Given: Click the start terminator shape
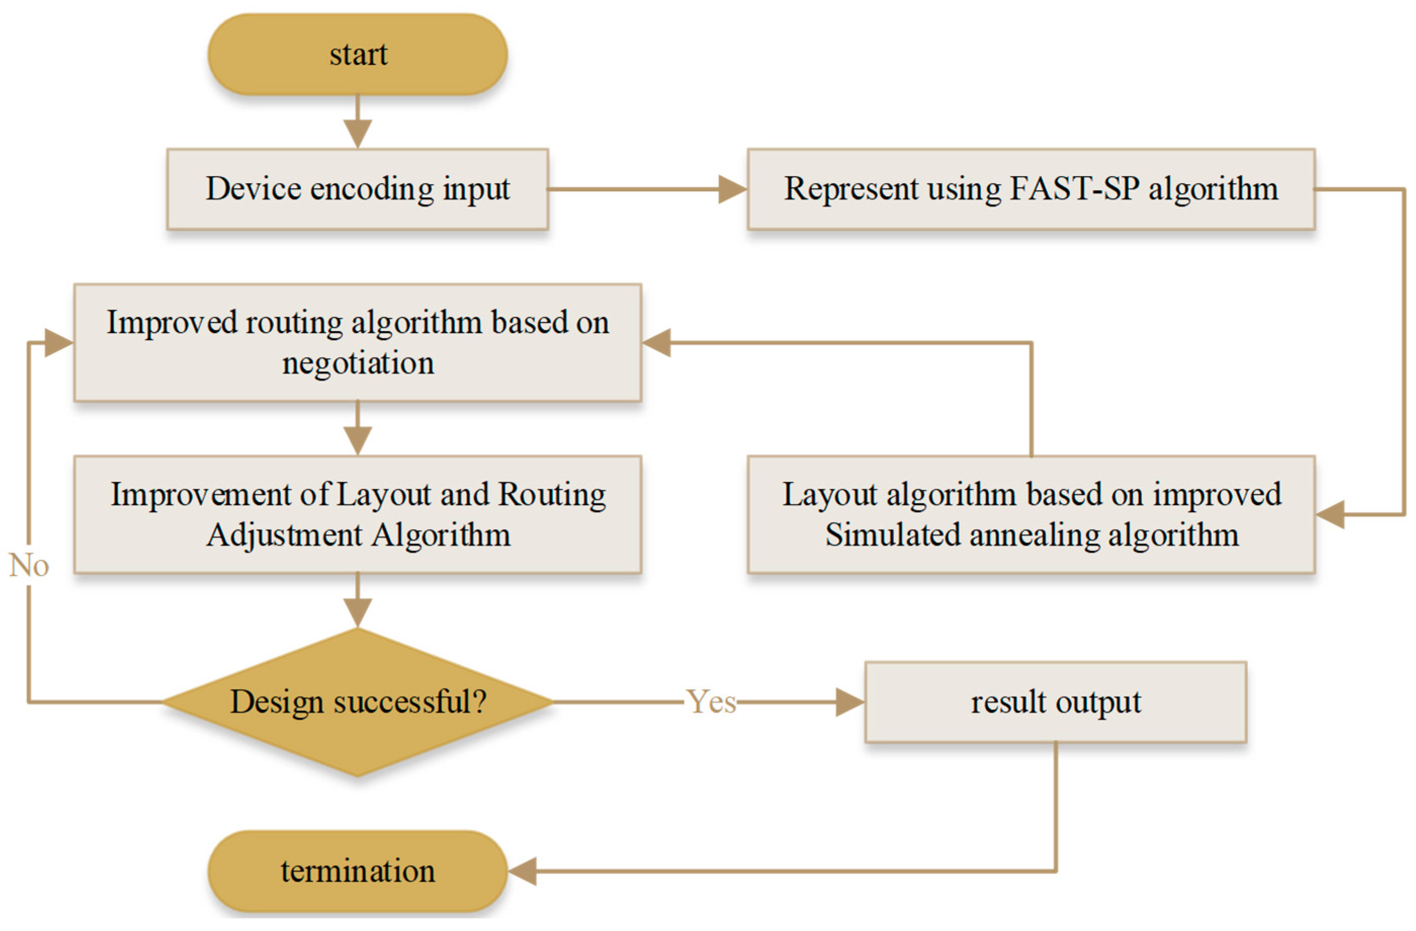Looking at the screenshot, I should tap(358, 55).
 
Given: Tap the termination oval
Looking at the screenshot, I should tap(358, 871).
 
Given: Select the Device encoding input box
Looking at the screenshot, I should tap(358, 189).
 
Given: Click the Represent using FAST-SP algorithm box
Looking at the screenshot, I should tap(1031, 189).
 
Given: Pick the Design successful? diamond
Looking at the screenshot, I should tap(358, 702).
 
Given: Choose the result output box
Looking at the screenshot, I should tap(1055, 702).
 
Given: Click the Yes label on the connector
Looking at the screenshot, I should tap(711, 702).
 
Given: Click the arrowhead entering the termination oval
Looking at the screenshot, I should tap(522, 871).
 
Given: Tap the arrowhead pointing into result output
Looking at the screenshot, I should tap(850, 702).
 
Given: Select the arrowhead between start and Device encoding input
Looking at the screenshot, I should tap(358, 134).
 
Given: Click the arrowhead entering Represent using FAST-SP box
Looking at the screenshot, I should tap(732, 189).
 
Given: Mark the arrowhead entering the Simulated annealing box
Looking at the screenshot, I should tap(1331, 514).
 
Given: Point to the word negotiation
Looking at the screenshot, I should tap(358, 363).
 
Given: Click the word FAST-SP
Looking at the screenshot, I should tap(1075, 189).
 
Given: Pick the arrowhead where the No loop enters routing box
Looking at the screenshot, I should tap(58, 343).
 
